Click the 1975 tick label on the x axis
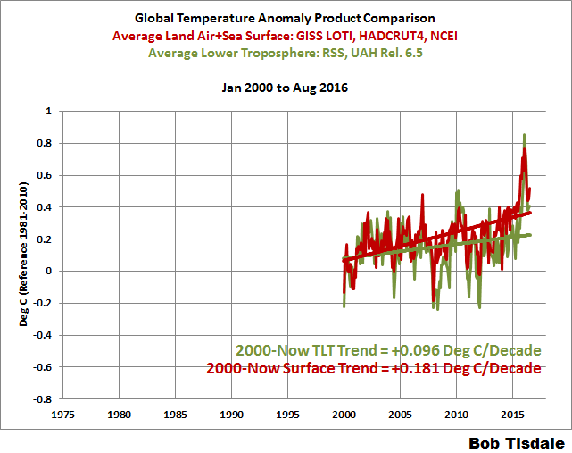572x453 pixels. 63,415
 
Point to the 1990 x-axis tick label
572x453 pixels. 232,415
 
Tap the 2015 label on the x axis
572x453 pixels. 512,415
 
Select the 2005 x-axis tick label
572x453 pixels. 400,415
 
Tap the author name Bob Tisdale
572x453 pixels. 517,441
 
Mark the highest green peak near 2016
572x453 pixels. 524,135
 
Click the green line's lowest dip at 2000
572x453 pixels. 344,306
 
